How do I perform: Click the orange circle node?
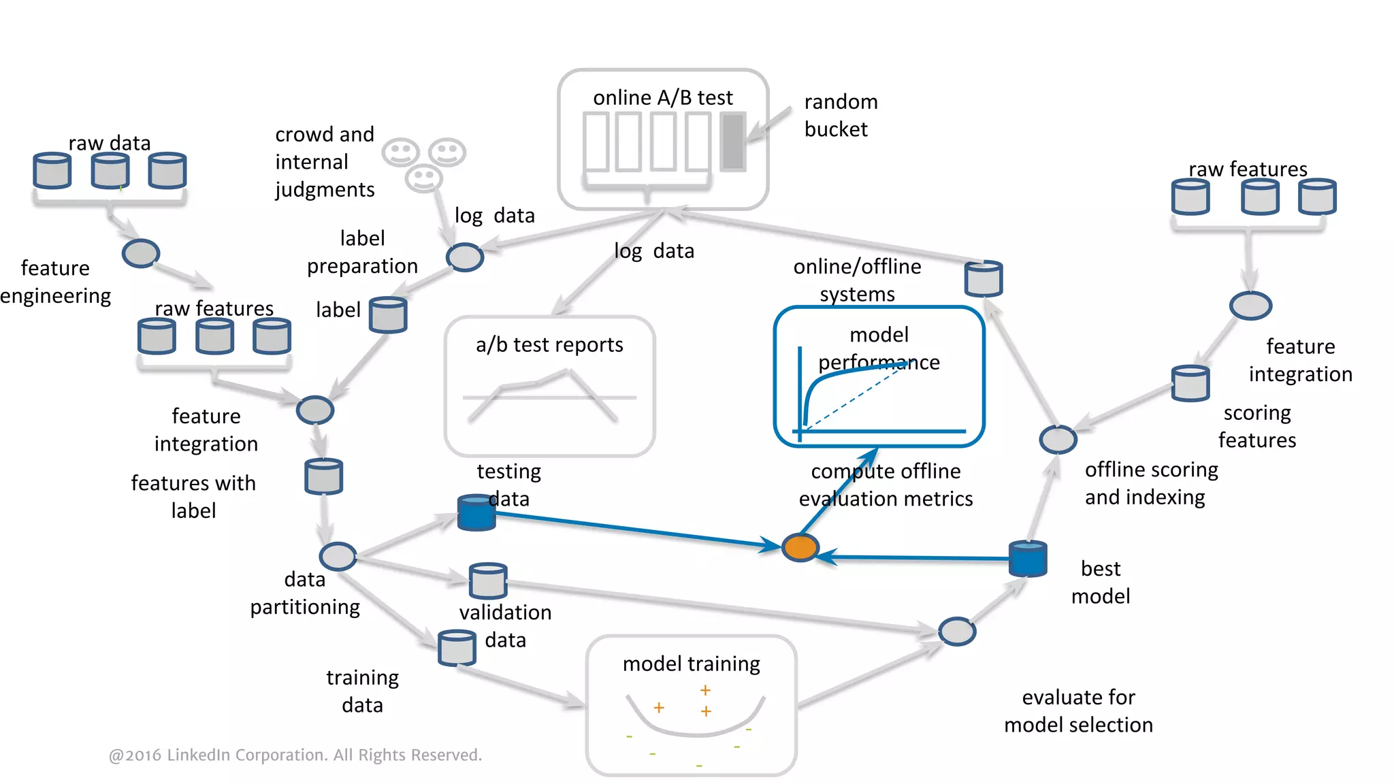[800, 547]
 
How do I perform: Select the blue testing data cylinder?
[476, 513]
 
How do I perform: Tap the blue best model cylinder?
[1027, 559]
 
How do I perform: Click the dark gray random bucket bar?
[733, 142]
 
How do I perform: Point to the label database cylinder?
[388, 314]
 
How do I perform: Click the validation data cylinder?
[488, 581]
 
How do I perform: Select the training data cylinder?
[457, 648]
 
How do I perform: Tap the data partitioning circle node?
[338, 557]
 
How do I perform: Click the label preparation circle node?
[465, 257]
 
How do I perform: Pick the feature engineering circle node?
[141, 253]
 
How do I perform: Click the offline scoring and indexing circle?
[1058, 440]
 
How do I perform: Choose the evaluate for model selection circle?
[957, 632]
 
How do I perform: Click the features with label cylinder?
[324, 476]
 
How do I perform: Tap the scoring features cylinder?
[1190, 383]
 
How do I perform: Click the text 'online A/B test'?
[662, 98]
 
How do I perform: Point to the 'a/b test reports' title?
[549, 345]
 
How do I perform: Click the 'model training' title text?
[691, 664]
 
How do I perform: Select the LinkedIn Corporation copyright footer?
[295, 755]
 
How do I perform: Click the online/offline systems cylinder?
[984, 278]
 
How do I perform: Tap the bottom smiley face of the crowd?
[423, 178]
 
